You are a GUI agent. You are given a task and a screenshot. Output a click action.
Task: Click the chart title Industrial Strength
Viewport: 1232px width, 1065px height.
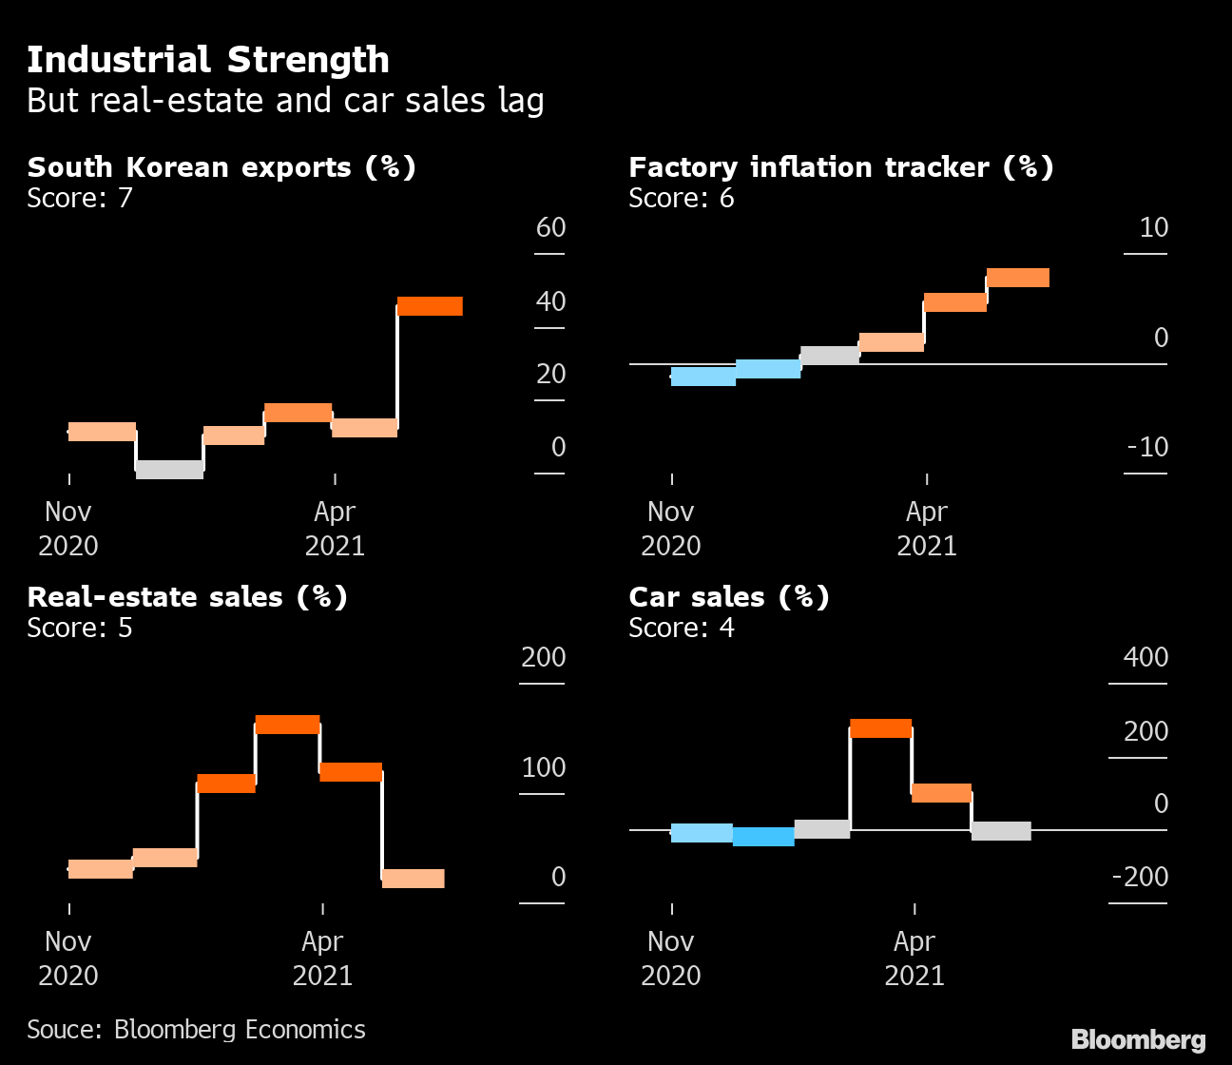click(207, 60)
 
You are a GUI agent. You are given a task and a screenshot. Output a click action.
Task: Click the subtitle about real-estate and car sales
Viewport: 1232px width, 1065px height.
click(285, 101)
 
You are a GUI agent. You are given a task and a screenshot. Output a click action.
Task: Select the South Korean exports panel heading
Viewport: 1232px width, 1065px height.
click(221, 167)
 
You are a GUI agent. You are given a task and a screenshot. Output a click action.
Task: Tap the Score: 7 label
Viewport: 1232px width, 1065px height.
click(80, 198)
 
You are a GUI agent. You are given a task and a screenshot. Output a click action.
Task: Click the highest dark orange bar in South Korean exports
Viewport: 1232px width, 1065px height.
click(430, 306)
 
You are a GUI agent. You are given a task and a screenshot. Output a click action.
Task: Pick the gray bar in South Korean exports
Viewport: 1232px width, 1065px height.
click(169, 469)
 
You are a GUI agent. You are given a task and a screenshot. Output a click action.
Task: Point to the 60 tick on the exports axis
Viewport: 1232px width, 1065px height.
click(550, 228)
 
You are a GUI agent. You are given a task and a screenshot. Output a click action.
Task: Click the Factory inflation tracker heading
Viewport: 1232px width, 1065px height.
click(840, 167)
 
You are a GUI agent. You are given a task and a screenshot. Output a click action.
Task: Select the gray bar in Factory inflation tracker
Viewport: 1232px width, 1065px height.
click(830, 355)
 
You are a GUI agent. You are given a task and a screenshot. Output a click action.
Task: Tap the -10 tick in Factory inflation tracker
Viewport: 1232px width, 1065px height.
click(1146, 447)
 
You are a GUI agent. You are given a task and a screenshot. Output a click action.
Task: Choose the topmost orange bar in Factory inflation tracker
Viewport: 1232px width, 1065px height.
click(1017, 278)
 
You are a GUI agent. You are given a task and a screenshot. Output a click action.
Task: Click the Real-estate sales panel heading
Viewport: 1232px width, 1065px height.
click(187, 597)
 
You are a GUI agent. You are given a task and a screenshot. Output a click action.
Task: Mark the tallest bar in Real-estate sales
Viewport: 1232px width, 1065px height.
click(287, 725)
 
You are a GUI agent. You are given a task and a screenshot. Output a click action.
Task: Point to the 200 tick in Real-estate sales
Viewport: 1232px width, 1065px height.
click(543, 658)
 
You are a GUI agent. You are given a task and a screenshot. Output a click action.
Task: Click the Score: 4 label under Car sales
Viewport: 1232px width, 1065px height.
click(682, 628)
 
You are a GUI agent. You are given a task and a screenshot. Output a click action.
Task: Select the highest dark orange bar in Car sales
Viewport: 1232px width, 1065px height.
click(880, 728)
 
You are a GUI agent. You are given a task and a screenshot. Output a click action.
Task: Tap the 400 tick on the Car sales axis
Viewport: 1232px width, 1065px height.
click(1145, 658)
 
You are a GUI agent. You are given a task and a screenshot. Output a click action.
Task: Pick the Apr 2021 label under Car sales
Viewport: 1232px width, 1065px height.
click(914, 958)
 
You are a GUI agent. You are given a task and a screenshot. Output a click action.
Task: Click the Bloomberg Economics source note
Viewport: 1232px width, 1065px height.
click(196, 1030)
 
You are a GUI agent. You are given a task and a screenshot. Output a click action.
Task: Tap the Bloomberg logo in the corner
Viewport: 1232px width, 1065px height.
click(1138, 1040)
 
